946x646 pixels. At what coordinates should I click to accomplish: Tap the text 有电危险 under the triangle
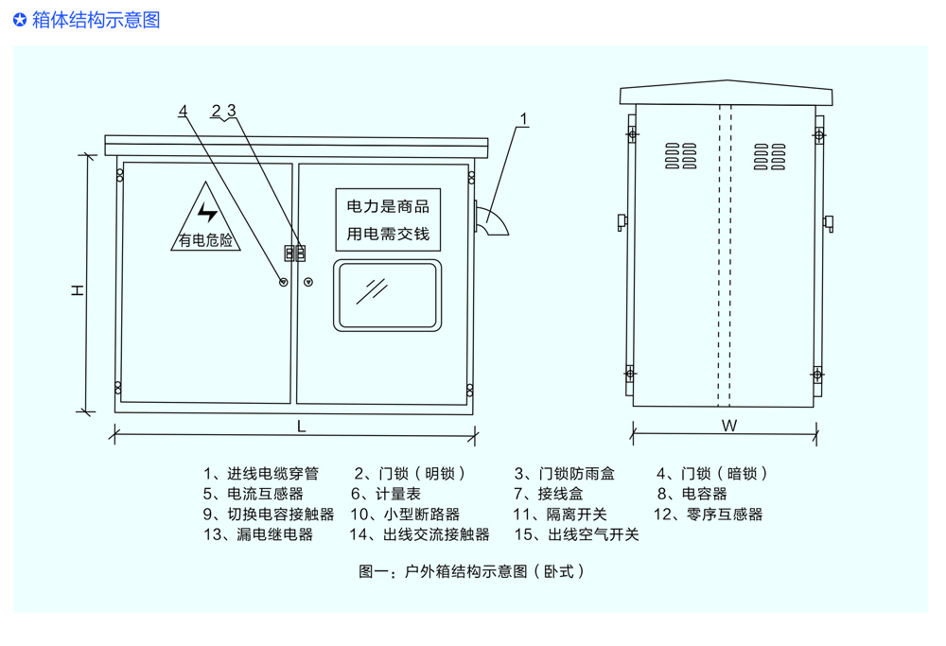pyautogui.click(x=206, y=240)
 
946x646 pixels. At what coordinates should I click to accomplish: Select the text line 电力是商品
pyautogui.click(x=388, y=206)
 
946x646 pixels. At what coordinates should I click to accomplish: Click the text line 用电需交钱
pyautogui.click(x=388, y=233)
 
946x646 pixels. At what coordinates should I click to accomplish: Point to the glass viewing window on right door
pyautogui.click(x=388, y=296)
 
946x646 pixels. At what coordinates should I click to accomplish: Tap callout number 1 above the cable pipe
pyautogui.click(x=524, y=120)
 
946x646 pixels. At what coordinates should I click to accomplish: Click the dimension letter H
pyautogui.click(x=79, y=289)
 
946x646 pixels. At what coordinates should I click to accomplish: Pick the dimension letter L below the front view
pyautogui.click(x=301, y=427)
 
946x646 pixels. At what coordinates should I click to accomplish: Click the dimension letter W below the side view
pyautogui.click(x=728, y=427)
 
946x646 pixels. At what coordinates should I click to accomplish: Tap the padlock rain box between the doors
pyautogui.click(x=295, y=253)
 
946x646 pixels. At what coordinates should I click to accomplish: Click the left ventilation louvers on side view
pyautogui.click(x=679, y=157)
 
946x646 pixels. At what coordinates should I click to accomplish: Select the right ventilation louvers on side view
pyautogui.click(x=769, y=157)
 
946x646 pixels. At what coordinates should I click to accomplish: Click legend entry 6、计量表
pyautogui.click(x=386, y=494)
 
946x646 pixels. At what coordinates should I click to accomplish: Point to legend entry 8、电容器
pyautogui.click(x=692, y=494)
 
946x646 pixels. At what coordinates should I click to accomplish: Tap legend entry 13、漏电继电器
pyautogui.click(x=257, y=534)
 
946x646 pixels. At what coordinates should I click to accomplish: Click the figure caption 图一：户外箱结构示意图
pyautogui.click(x=471, y=571)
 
